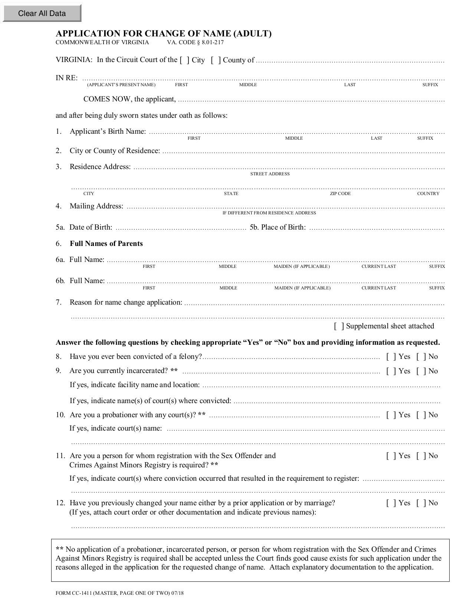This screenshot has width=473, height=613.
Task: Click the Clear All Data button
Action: (42, 13)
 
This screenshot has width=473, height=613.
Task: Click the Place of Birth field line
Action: (377, 228)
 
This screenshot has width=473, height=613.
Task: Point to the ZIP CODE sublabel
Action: (340, 194)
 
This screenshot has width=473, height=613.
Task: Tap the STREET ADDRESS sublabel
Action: (270, 174)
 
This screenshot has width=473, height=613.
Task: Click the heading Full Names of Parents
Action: (106, 244)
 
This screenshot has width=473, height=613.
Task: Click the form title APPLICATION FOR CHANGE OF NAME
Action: (164, 34)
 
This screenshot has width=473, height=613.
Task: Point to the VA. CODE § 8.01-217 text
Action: (195, 42)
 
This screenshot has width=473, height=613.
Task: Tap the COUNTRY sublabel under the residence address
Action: (428, 194)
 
